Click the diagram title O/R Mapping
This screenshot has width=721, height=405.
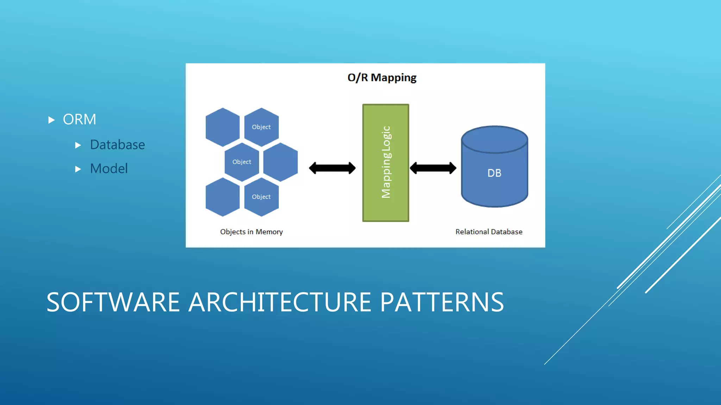click(x=382, y=77)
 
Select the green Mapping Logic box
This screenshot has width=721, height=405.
click(x=385, y=162)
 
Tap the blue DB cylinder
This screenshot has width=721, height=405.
click(x=494, y=172)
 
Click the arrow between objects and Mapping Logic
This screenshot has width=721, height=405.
click(x=332, y=168)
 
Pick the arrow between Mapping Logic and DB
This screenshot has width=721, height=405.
click(x=433, y=168)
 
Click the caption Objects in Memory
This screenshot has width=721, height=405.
click(x=251, y=232)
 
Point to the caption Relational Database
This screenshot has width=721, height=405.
click(x=489, y=232)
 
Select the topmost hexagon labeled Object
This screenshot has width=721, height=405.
click(x=261, y=127)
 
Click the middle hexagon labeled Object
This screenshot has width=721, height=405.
click(x=242, y=162)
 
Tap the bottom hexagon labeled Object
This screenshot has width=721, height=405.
click(x=261, y=197)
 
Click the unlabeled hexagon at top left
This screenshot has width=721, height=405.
click(x=222, y=127)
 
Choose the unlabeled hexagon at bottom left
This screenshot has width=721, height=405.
click(x=222, y=197)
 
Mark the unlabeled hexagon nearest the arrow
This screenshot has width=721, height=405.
click(x=281, y=162)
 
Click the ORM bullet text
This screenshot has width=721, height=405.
click(x=79, y=120)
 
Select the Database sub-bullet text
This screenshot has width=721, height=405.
click(x=117, y=145)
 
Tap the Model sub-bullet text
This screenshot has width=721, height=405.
click(x=109, y=169)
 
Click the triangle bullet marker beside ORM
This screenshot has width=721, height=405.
click(x=51, y=120)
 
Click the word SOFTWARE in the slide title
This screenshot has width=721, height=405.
click(x=113, y=302)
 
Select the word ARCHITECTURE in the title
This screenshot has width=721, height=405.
click(x=280, y=302)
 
